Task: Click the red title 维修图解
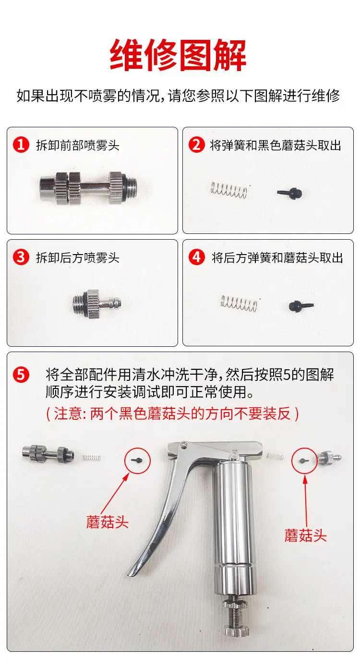tap(178, 56)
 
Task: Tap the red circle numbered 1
tap(21, 145)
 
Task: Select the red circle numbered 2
tap(196, 145)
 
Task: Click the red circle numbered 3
tap(21, 257)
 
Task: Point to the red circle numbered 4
tap(196, 257)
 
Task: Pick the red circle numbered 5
tap(21, 375)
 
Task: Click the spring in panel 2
tap(229, 189)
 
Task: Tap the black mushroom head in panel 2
tap(290, 193)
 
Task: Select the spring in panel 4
tap(239, 303)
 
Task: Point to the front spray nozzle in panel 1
tap(88, 188)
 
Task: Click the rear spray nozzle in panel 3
tap(97, 304)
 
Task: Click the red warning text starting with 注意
tap(172, 414)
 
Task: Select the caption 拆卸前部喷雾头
tap(78, 146)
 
